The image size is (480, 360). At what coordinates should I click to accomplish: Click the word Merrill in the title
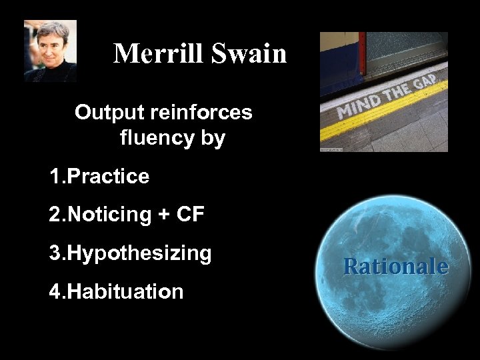pyautogui.click(x=160, y=53)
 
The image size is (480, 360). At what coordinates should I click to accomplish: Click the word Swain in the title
pyautogui.click(x=249, y=53)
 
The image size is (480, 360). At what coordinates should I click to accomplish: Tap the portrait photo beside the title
pyautogui.click(x=50, y=51)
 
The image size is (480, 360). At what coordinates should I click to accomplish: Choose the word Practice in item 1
pyautogui.click(x=109, y=177)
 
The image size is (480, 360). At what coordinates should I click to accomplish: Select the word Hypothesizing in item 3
pyautogui.click(x=140, y=253)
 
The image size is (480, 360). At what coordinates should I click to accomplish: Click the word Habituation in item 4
pyautogui.click(x=125, y=291)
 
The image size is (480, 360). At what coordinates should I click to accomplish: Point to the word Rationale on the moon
pyautogui.click(x=395, y=267)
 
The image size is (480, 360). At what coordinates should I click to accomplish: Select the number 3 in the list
pyautogui.click(x=54, y=253)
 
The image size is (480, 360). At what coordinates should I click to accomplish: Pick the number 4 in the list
pyautogui.click(x=54, y=291)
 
